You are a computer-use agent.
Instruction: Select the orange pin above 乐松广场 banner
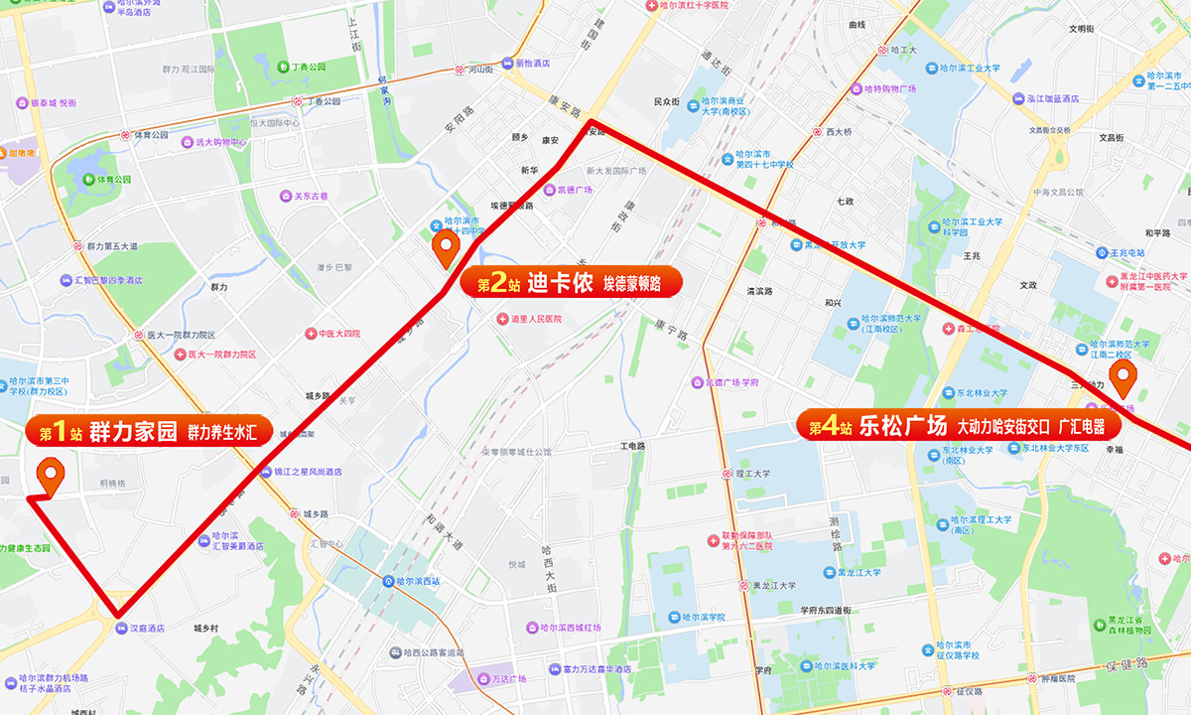pyautogui.click(x=1124, y=378)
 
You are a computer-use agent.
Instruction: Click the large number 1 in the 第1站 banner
pyautogui.click(x=60, y=432)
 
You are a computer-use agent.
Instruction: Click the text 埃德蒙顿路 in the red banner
pyautogui.click(x=632, y=284)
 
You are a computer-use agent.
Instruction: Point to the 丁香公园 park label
pyautogui.click(x=309, y=68)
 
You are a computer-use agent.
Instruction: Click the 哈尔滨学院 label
pyautogui.click(x=702, y=617)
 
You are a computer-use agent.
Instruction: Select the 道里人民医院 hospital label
pyautogui.click(x=535, y=319)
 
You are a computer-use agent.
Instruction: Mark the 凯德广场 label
pyautogui.click(x=573, y=190)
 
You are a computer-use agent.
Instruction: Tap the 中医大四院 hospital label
pyautogui.click(x=338, y=334)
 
